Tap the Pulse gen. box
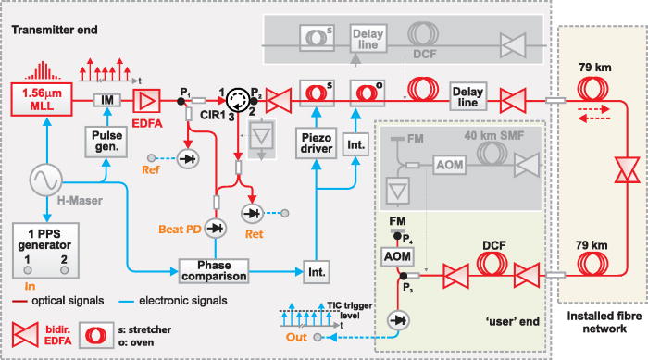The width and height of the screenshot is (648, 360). click(x=108, y=140)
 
